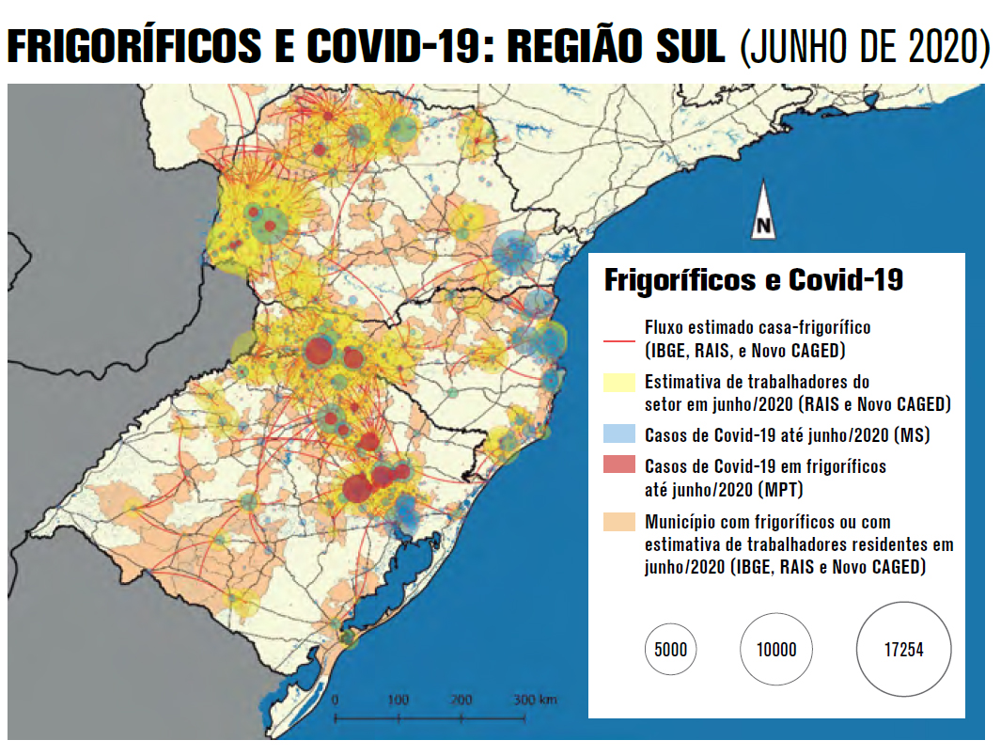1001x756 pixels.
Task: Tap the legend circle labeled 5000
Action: click(x=671, y=650)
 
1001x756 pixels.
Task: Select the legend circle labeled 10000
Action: click(x=775, y=650)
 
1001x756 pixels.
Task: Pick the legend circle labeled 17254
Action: click(x=903, y=650)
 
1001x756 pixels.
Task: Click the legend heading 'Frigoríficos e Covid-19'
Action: click(x=753, y=280)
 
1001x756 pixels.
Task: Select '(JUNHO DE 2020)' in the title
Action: click(x=864, y=47)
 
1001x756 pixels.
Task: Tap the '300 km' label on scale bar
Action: click(x=535, y=701)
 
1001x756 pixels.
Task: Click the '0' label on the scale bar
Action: click(x=336, y=701)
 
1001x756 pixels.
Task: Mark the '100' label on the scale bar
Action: click(x=399, y=701)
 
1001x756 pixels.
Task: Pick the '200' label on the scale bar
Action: click(x=461, y=701)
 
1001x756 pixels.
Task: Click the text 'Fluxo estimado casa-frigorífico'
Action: click(x=758, y=328)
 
